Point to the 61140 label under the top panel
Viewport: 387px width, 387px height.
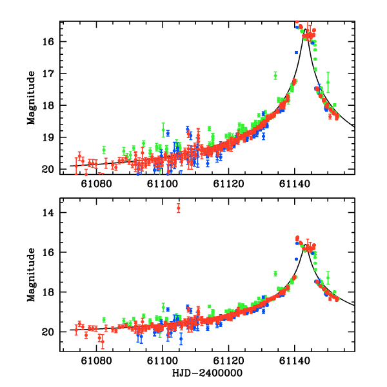pos(295,184)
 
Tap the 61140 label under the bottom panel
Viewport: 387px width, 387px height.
pos(295,361)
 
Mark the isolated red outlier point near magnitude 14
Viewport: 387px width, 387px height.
pos(179,208)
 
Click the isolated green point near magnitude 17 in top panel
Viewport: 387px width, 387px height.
pos(275,75)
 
